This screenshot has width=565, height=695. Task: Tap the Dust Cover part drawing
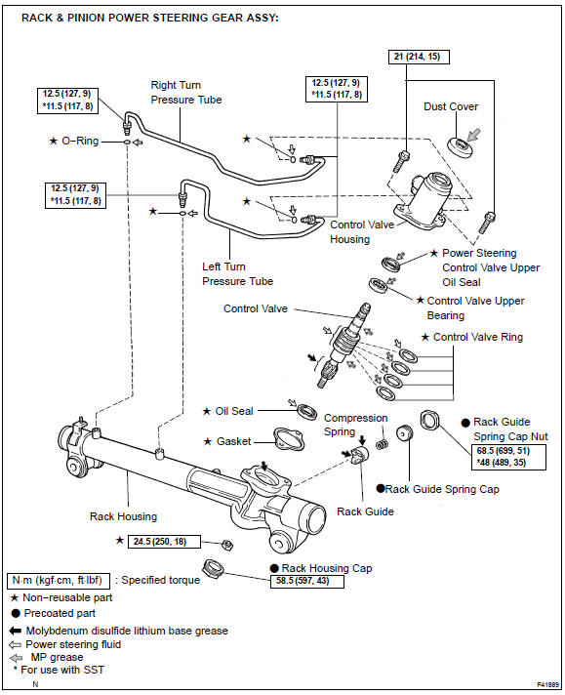tap(459, 146)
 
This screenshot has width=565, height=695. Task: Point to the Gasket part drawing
tap(289, 439)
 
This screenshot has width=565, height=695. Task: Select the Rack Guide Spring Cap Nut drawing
tap(429, 420)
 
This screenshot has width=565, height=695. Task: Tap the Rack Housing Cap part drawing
tap(214, 568)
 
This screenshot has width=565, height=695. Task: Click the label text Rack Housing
tap(123, 516)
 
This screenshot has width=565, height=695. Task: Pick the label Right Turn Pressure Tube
tap(186, 92)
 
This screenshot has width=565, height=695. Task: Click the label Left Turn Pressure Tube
tap(237, 274)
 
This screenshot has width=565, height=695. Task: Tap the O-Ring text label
tap(80, 141)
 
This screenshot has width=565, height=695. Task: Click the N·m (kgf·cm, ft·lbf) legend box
tap(58, 581)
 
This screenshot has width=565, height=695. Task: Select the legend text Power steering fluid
tap(73, 644)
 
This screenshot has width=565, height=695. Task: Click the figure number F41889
tap(547, 685)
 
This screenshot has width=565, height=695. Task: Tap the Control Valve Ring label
tap(478, 338)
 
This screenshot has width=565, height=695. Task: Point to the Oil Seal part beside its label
tap(306, 412)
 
